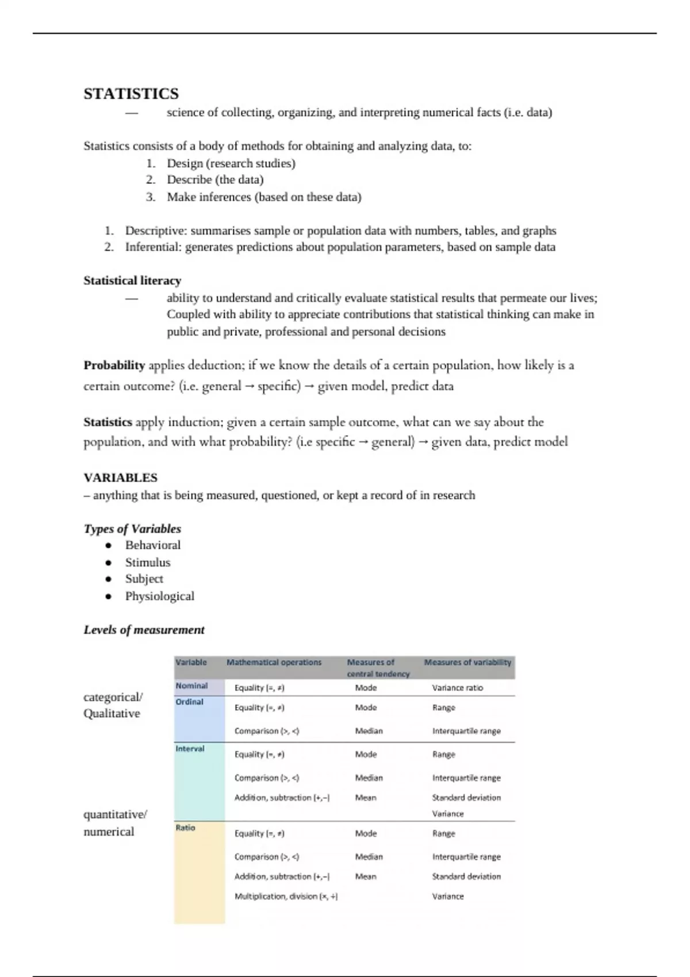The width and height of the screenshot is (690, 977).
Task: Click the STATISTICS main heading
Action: tap(131, 94)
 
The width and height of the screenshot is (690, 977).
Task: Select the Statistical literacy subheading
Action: tap(132, 280)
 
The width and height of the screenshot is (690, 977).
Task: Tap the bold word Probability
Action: tap(114, 366)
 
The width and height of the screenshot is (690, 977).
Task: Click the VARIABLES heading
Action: tap(120, 478)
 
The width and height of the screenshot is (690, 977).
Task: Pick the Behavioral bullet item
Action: tap(152, 545)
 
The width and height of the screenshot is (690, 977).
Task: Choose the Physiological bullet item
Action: tap(159, 596)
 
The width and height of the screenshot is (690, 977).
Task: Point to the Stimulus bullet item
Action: tap(148, 562)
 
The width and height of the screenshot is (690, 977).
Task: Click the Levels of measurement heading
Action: tap(144, 630)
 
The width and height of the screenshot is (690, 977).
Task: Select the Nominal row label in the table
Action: tap(191, 686)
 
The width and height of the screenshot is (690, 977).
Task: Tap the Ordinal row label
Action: tap(189, 702)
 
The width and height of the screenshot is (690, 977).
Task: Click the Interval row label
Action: tap(190, 749)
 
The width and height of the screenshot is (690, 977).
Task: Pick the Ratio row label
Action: tap(185, 828)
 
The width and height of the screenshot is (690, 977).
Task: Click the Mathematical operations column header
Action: tap(274, 662)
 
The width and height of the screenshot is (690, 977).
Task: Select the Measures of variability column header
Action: tap(467, 662)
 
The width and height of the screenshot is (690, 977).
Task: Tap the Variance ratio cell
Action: tap(457, 688)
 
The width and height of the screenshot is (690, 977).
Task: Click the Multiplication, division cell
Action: tap(286, 897)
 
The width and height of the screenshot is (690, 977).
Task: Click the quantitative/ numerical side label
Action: tap(114, 823)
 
